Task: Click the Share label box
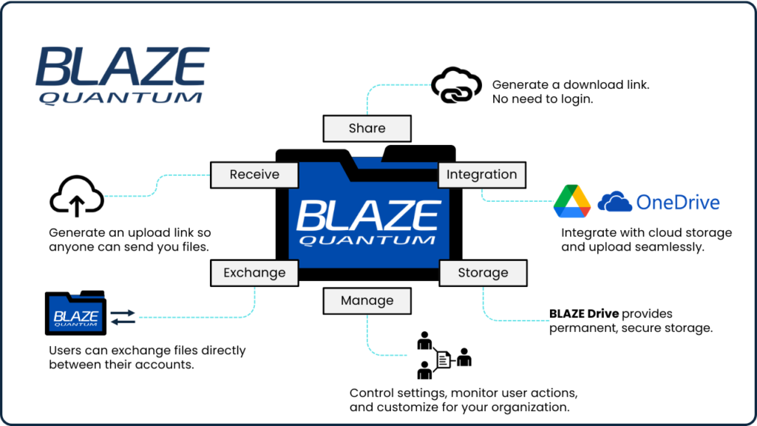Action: tap(367, 128)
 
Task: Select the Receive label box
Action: tap(254, 175)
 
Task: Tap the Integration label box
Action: tap(482, 175)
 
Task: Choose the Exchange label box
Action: tap(254, 272)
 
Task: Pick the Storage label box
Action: tap(483, 272)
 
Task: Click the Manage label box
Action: tap(367, 300)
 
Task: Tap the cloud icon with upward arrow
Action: tap(76, 196)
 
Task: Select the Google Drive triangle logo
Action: tap(572, 201)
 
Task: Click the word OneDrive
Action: tap(678, 201)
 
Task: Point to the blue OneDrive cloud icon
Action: tap(614, 201)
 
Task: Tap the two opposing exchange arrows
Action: tap(123, 317)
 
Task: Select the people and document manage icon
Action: tap(442, 356)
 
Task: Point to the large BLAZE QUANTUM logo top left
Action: tap(123, 74)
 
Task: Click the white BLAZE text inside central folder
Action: tap(368, 215)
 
